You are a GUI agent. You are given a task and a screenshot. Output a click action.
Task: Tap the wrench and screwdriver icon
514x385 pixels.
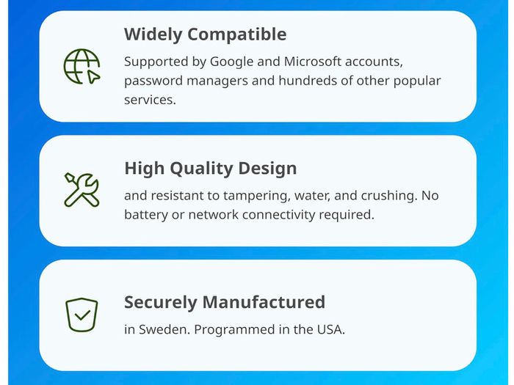coord(82,189)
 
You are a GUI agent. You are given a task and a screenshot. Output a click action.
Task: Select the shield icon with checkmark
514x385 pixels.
coord(82,315)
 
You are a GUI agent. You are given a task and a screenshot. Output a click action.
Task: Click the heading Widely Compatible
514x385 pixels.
coord(205,34)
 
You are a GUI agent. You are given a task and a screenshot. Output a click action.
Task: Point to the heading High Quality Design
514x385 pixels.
coord(211,169)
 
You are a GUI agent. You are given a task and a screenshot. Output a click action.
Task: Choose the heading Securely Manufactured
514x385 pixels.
coord(225,302)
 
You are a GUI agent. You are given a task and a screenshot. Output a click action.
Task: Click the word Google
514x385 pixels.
coord(231,62)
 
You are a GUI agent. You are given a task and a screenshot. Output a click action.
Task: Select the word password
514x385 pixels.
coord(153,81)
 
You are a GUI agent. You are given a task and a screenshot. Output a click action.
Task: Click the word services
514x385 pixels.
coord(150,100)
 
